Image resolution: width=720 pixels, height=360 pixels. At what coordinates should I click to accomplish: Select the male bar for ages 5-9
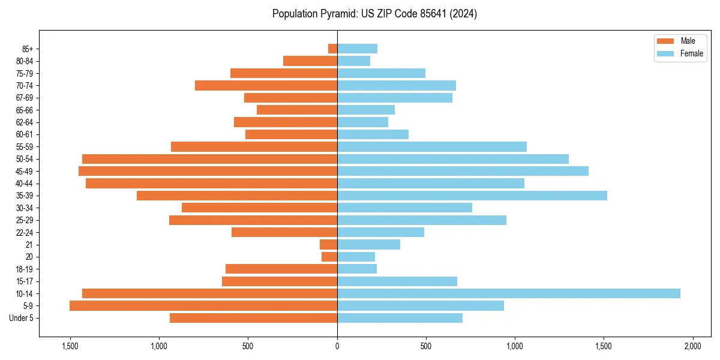(203, 306)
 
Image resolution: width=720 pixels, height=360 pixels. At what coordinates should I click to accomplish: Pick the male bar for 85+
(333, 49)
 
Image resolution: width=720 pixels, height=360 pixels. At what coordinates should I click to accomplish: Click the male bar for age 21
(329, 245)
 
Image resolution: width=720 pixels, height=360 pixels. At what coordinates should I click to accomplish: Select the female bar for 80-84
(354, 61)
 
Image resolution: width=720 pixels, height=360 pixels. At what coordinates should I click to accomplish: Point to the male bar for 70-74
(266, 86)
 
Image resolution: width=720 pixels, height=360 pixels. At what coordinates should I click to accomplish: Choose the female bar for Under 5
(400, 318)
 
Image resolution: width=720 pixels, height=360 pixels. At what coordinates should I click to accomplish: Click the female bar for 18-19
(357, 269)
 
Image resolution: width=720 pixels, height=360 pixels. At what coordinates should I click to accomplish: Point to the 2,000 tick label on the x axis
(692, 347)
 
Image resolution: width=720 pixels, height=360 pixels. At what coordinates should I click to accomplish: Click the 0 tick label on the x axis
(337, 347)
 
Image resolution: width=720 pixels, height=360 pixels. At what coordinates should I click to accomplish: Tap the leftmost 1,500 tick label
(70, 347)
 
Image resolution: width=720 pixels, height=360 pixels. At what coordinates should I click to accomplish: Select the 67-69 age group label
(25, 98)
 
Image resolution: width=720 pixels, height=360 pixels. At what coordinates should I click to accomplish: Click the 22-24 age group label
(25, 233)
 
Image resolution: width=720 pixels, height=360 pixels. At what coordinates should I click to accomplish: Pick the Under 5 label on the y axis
(22, 318)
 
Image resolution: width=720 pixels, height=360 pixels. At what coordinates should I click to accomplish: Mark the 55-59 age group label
(25, 147)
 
